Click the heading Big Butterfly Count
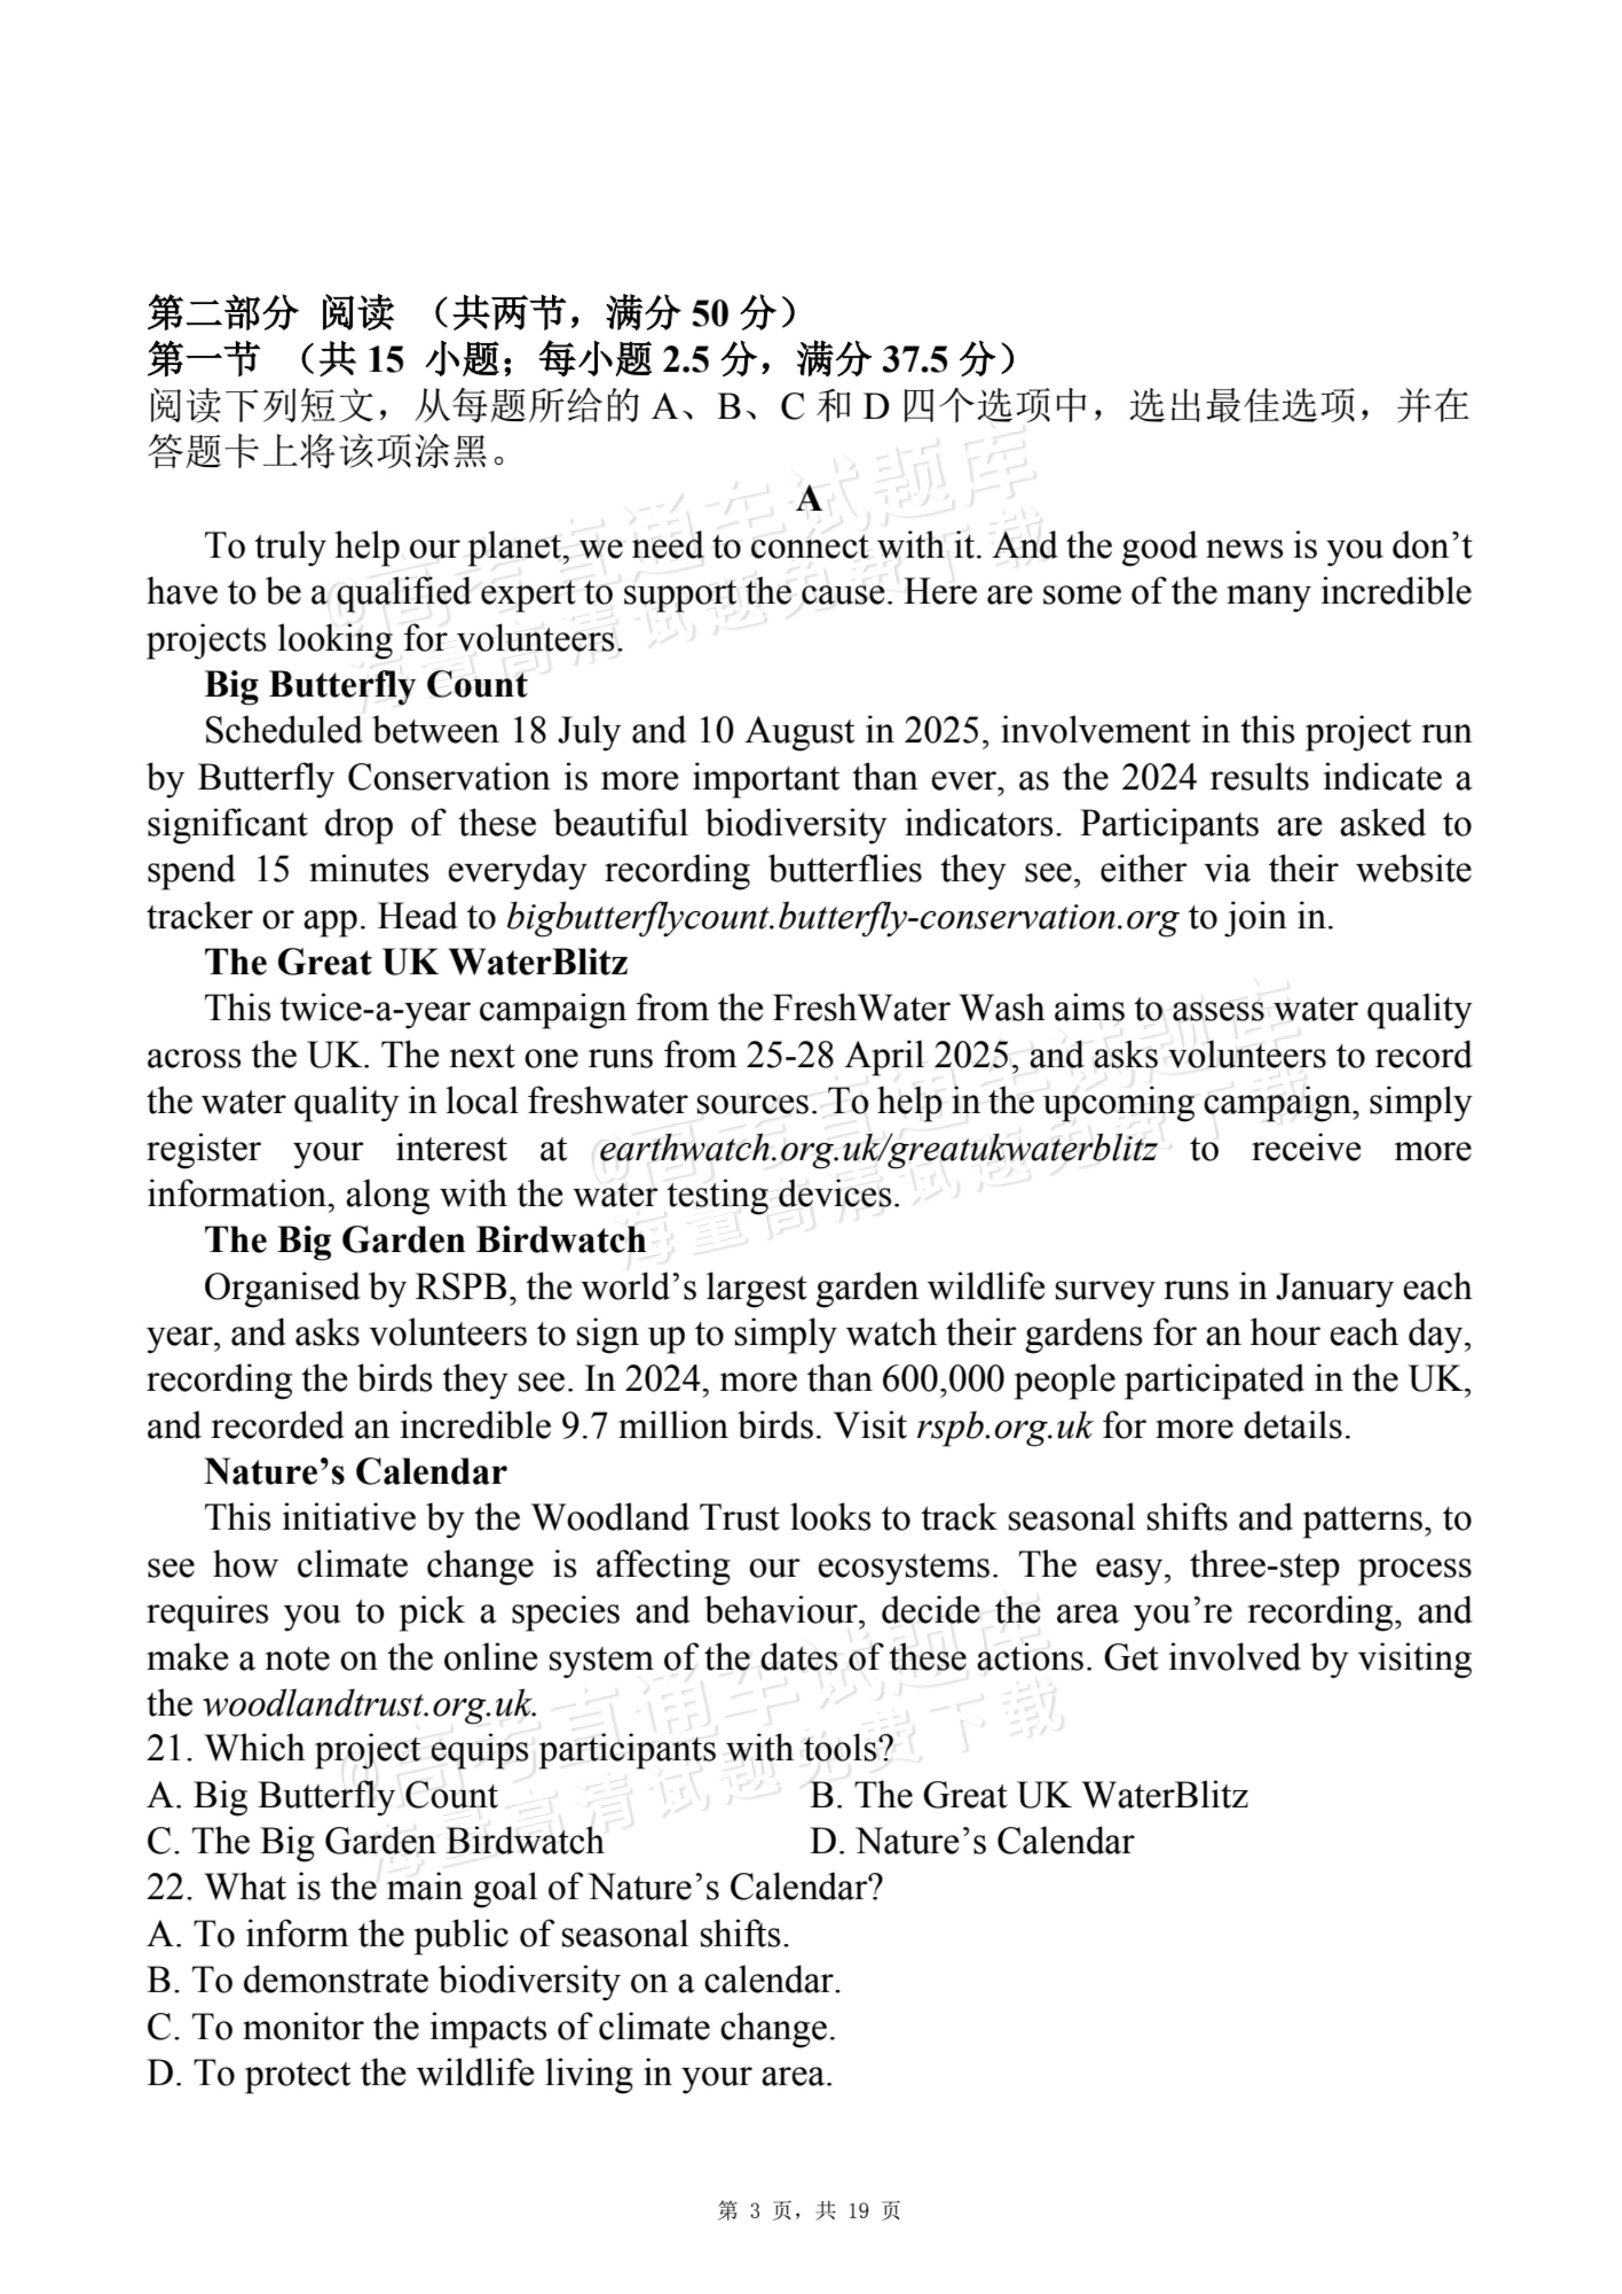pos(366,685)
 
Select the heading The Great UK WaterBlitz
pos(417,962)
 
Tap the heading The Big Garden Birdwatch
pos(425,1240)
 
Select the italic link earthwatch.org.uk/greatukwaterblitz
pos(878,1149)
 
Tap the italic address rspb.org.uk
pos(1004,1426)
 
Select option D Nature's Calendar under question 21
pos(972,1842)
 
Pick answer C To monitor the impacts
pos(491,2028)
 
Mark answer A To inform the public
pos(468,1935)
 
